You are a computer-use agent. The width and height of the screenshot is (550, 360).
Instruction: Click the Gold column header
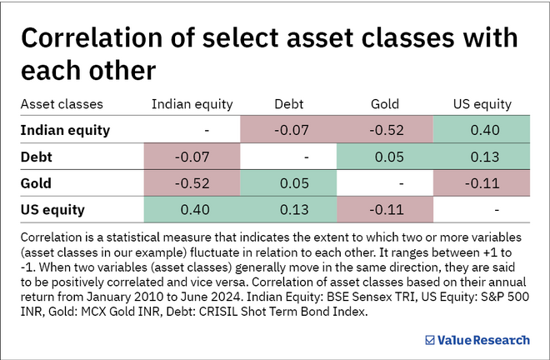pos(385,104)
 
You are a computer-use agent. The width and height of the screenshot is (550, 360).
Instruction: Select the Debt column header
pos(288,104)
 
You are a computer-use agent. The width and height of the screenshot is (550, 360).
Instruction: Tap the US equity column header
pos(482,104)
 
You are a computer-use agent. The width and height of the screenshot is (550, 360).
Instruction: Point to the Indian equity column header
pos(192,104)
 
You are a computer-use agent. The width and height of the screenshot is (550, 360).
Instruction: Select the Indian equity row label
pos(65,130)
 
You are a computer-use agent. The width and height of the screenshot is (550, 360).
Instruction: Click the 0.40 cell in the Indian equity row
pos(482,130)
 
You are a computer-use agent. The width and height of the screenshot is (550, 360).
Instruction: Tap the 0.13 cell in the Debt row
pos(482,156)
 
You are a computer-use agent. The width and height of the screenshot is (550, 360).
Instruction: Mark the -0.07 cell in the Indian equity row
pos(288,130)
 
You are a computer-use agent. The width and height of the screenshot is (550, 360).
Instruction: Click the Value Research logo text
pos(483,340)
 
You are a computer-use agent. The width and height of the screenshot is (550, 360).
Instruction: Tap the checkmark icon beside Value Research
pos(430,340)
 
